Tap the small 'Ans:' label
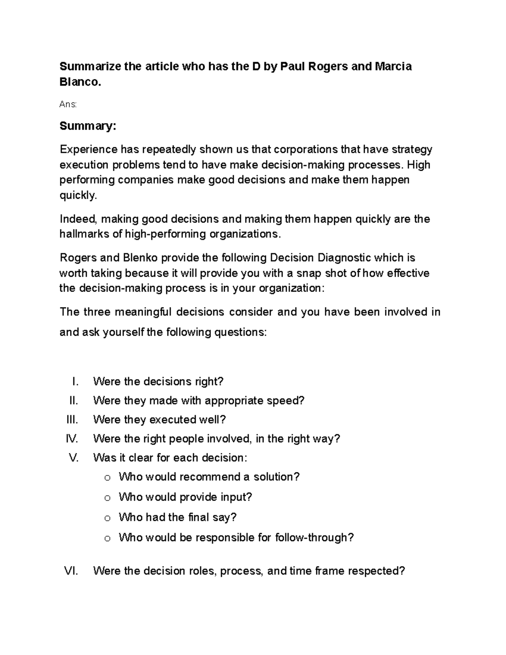[68, 104]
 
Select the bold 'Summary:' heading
[87, 126]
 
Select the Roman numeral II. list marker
[74, 400]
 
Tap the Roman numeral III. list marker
[73, 420]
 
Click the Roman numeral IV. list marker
[72, 439]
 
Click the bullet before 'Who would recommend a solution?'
[107, 478]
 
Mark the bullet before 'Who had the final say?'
[107, 518]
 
